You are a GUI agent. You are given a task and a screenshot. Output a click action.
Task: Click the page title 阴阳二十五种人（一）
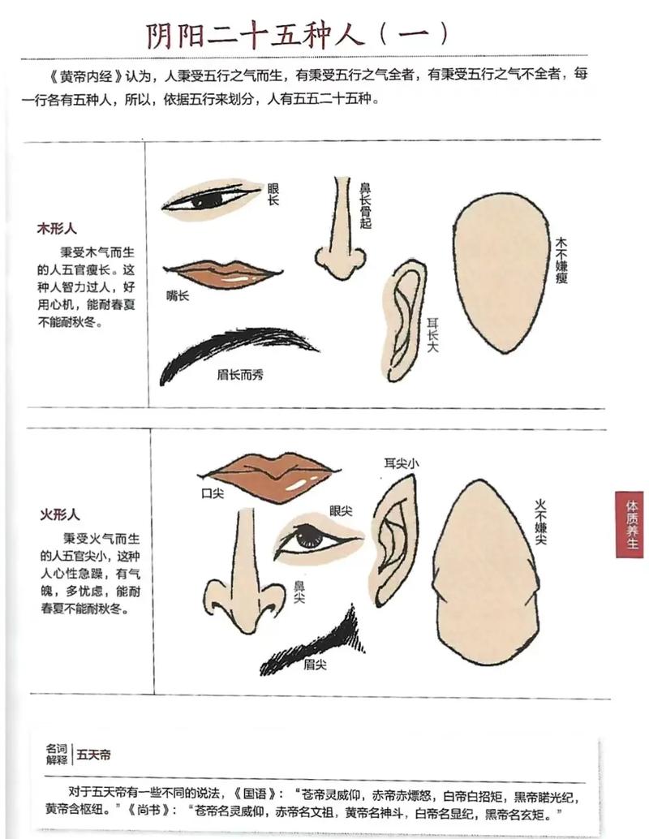(297, 33)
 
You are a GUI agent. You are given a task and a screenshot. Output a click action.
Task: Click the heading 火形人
(59, 514)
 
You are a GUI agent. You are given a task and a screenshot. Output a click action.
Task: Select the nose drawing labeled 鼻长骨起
(341, 232)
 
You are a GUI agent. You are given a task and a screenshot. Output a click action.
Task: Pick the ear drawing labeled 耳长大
(406, 321)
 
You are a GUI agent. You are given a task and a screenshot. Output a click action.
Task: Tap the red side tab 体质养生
(630, 524)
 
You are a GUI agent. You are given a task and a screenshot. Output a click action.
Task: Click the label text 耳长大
(434, 333)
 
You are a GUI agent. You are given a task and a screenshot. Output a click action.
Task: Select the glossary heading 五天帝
(94, 755)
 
